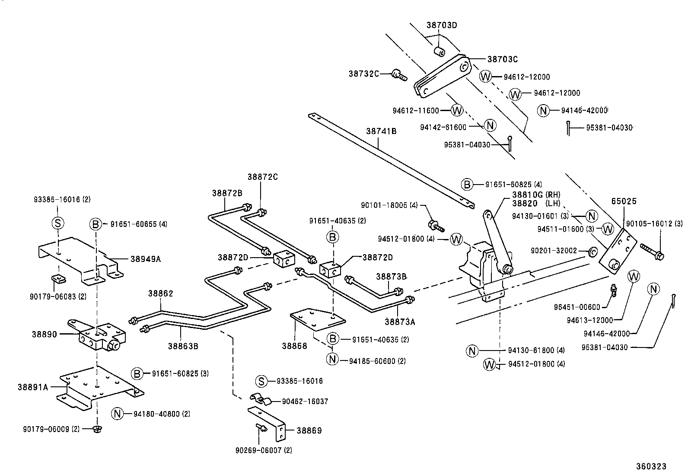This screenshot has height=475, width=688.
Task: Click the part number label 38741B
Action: coord(381,131)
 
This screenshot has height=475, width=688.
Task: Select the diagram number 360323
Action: coord(650,466)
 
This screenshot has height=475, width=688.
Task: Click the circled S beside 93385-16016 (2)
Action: coord(57,223)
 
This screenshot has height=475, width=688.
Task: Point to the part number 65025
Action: coord(624,201)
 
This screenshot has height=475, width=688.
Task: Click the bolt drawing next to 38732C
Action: coord(399,76)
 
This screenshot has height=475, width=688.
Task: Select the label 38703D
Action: coord(441,25)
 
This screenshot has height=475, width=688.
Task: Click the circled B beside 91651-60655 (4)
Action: coord(96,224)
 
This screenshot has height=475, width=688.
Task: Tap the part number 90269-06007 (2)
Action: coord(264,450)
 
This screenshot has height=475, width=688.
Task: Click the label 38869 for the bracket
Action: coord(309,430)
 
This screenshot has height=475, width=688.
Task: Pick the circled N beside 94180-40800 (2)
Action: coord(117,414)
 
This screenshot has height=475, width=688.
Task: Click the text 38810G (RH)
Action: coord(536,194)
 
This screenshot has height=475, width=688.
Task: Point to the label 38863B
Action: coord(183,345)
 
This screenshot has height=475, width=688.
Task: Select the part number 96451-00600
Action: coord(577,307)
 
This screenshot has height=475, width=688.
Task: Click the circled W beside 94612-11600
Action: coord(457,110)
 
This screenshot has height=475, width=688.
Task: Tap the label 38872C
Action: coord(262,177)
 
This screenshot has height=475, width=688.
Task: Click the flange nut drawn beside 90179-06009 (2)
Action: coord(97,429)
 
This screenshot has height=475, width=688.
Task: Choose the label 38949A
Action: coord(145,259)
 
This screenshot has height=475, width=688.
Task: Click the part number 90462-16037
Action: coord(305,402)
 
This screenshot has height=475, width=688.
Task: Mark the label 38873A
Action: coord(400,321)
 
